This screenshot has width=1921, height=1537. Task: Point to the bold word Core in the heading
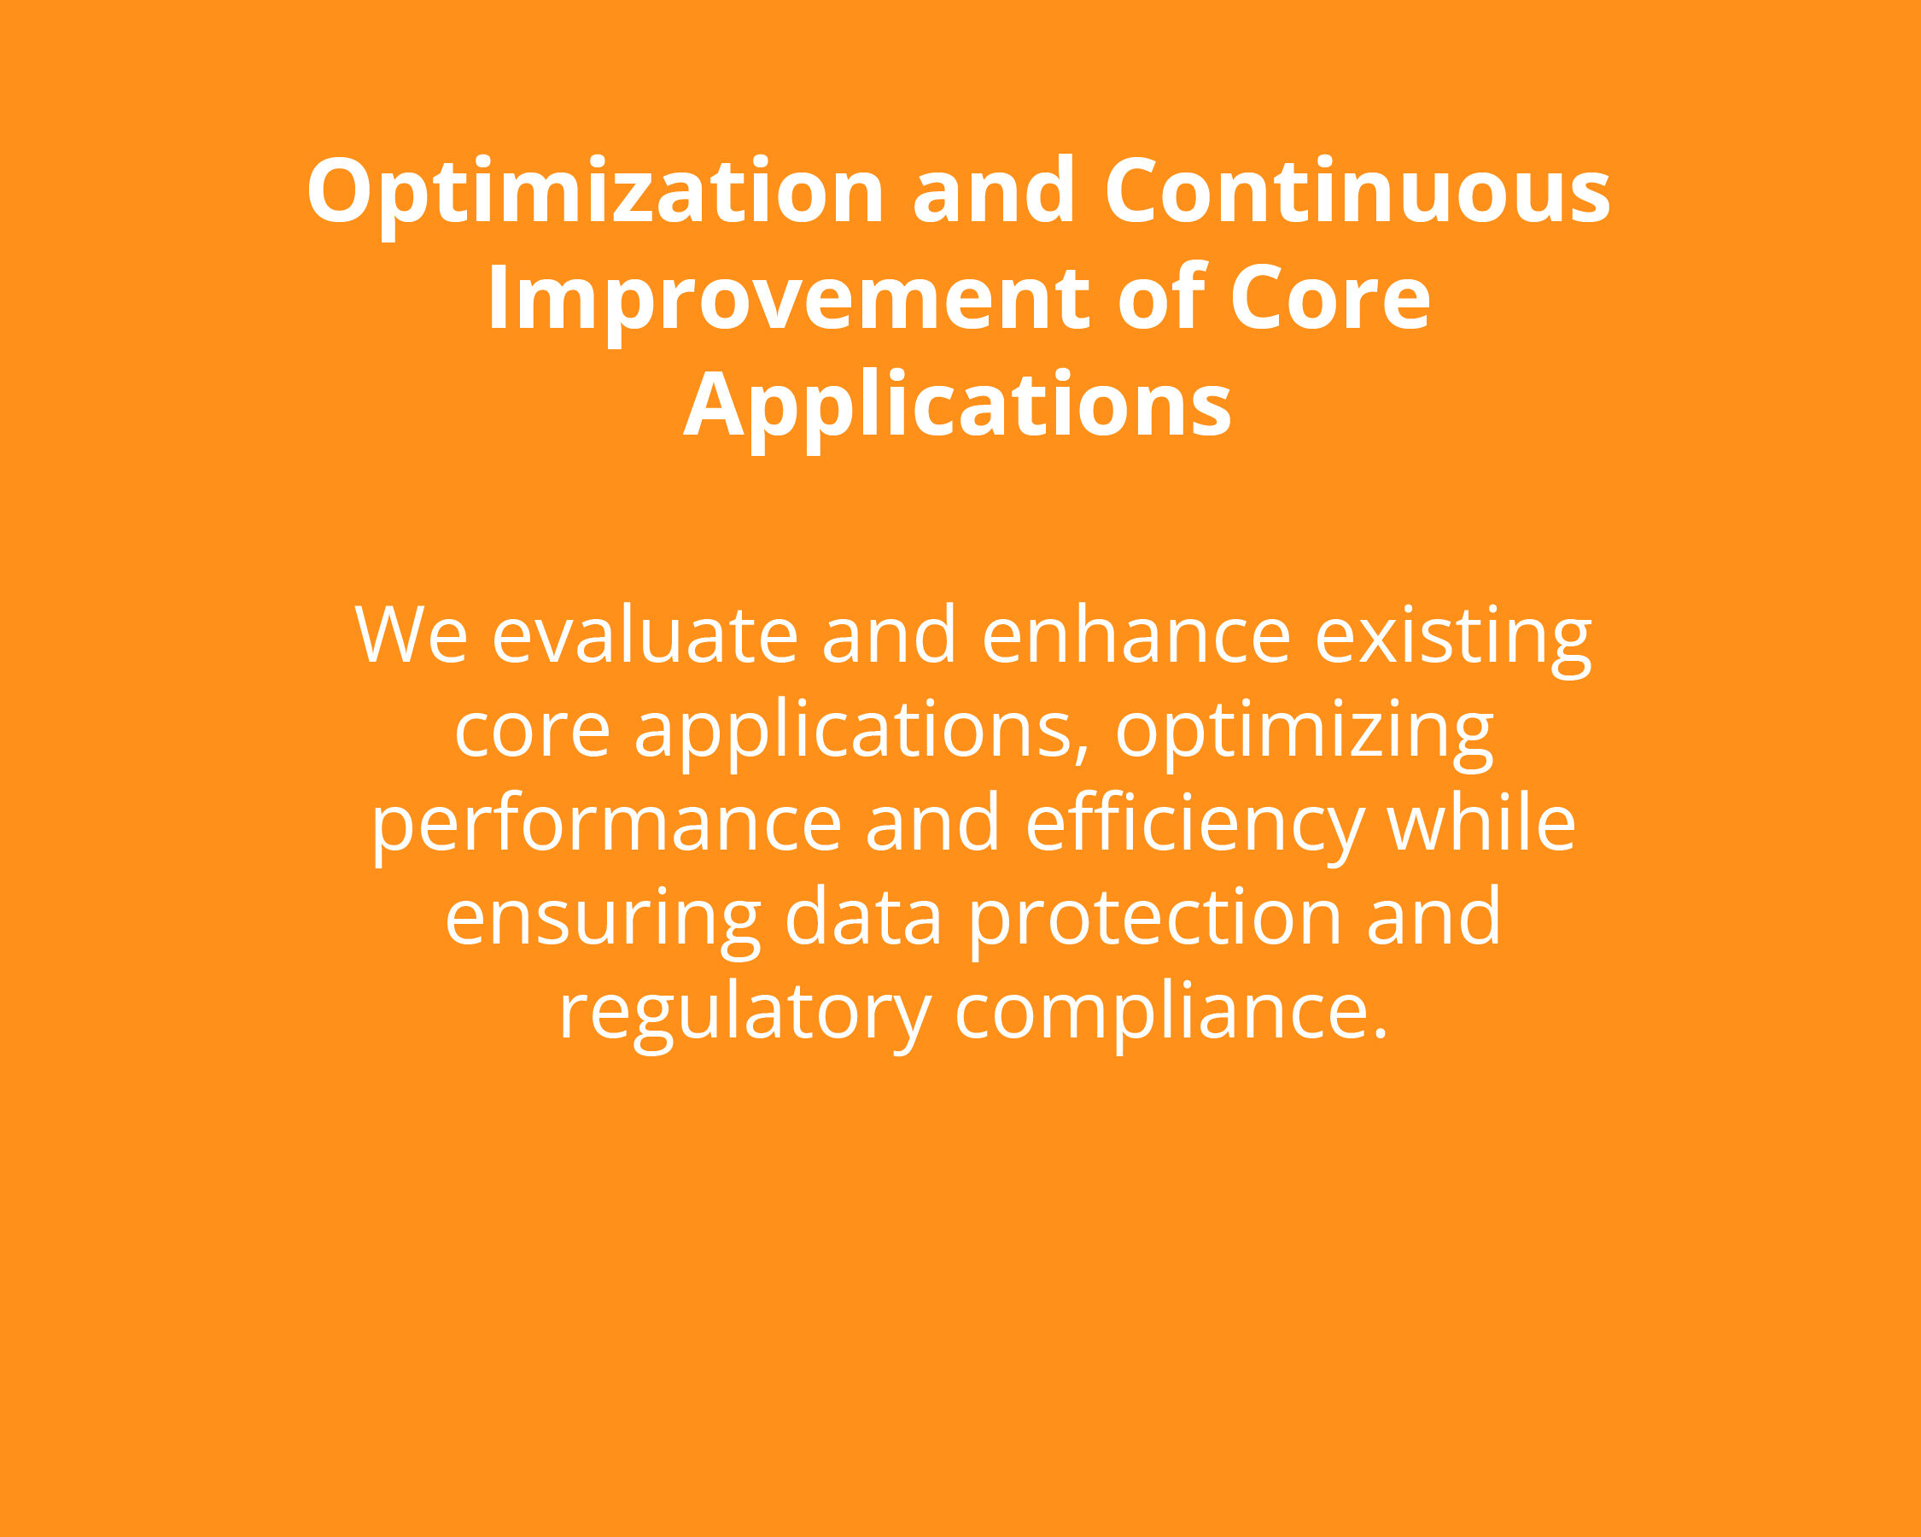pyautogui.click(x=1330, y=298)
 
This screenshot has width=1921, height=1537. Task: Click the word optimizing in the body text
pyautogui.click(x=1305, y=735)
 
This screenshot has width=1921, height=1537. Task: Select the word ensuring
pyautogui.click(x=602, y=923)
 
